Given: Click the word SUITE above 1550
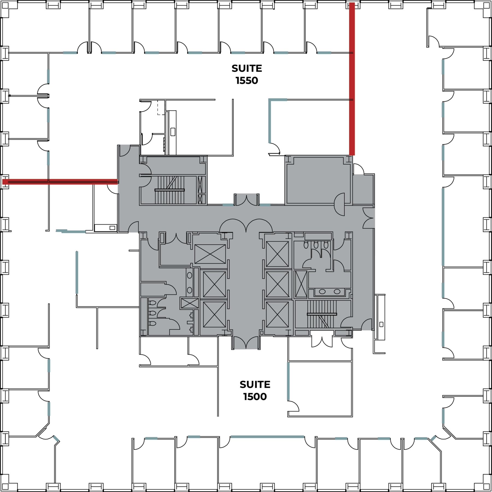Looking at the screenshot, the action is coord(247,68).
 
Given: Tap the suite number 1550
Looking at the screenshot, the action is coord(247,81).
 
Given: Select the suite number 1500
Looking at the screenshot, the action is coord(255,397).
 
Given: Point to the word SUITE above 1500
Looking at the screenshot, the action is coord(255,385).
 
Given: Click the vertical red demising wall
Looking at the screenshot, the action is coord(352,79).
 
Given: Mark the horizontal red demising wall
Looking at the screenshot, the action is coord(60,182).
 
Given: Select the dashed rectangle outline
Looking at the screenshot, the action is coord(161,107).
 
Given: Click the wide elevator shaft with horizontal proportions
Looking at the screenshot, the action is coord(210,254).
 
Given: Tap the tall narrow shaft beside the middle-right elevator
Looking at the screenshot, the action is coord(301,284).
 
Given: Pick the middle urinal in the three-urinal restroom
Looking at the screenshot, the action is coord(316,245).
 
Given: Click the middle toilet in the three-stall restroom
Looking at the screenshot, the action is coord(153,313).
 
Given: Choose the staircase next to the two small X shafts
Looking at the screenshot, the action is coord(170,190).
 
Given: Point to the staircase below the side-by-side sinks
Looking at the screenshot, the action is coord(322,314).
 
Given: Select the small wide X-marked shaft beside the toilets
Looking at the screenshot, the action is coord(190,303).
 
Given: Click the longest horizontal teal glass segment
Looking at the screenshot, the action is coord(267,437).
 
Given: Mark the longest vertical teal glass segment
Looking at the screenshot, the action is coord(443,227).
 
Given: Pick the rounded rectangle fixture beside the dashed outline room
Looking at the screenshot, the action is coord(173,132).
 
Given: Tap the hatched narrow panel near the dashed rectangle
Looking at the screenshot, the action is coord(164,145).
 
